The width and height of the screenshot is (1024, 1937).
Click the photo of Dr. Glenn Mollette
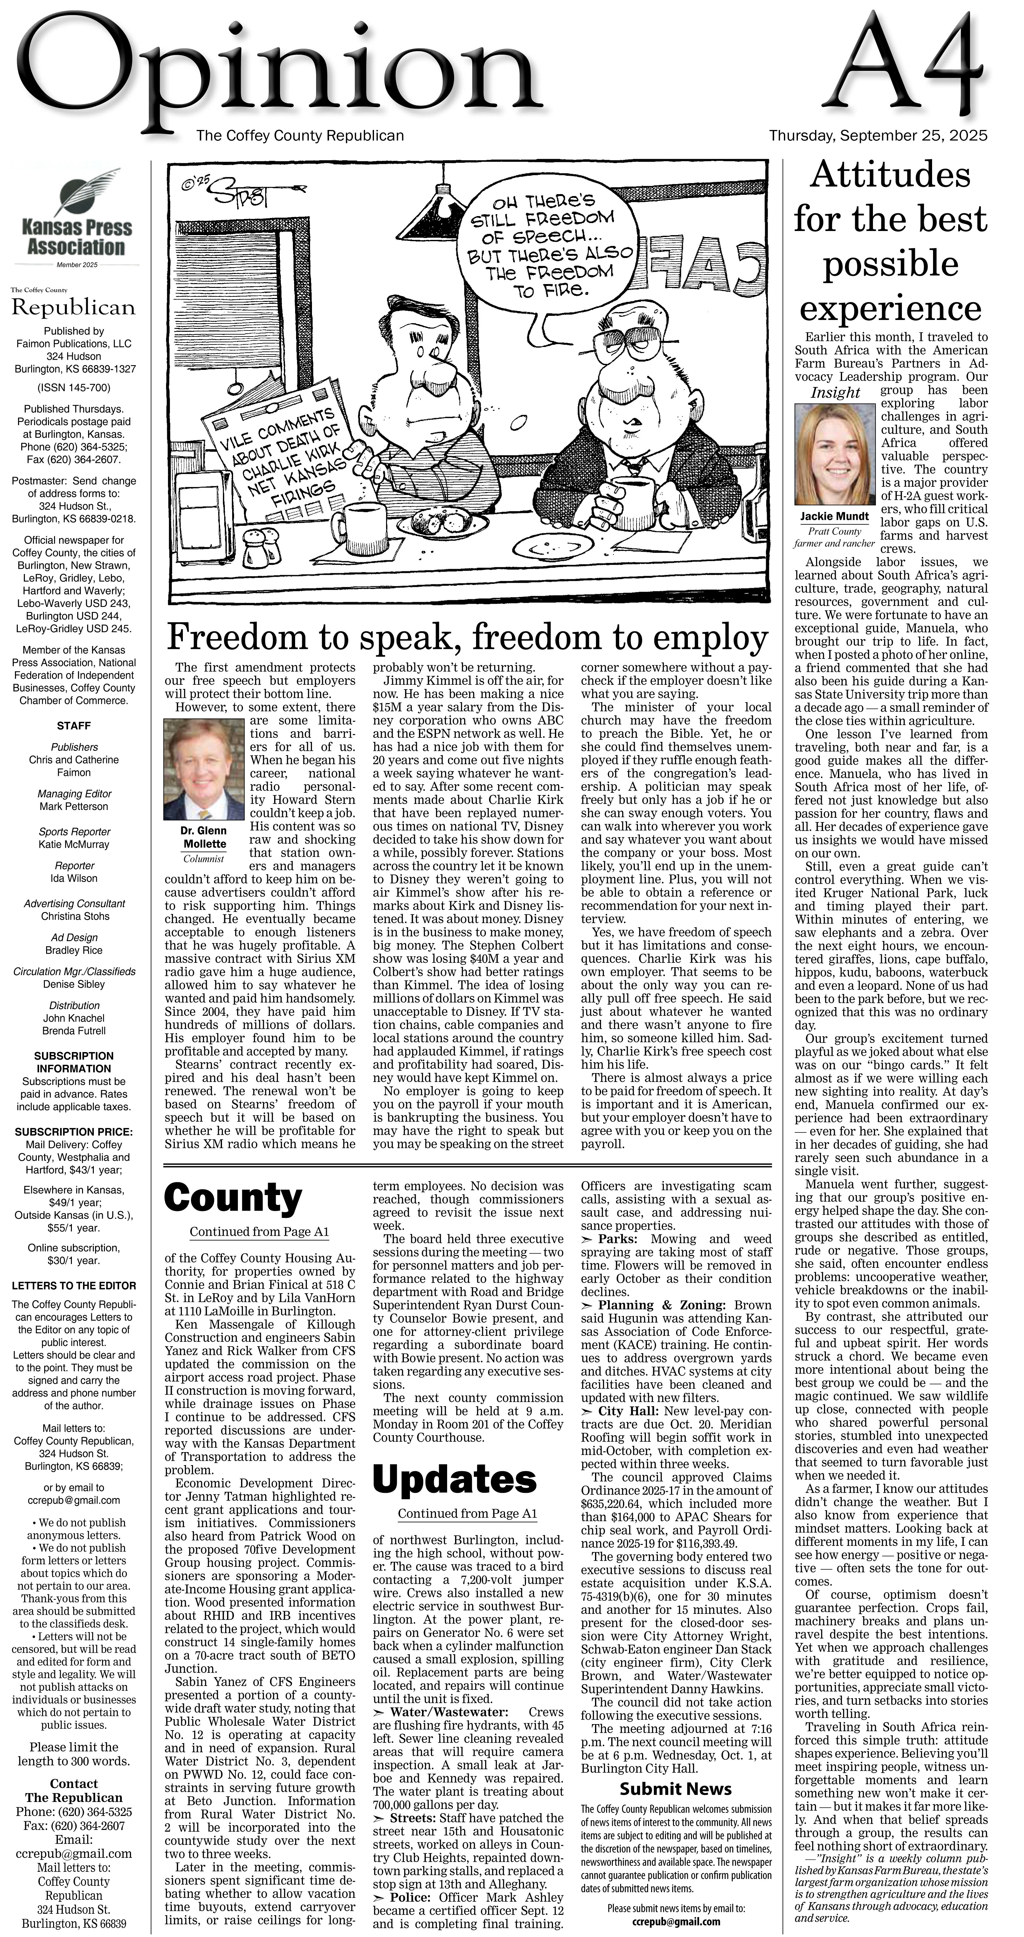203,769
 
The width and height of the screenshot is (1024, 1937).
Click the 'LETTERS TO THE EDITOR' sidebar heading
74,1286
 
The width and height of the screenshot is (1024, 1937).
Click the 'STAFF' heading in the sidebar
74,726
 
